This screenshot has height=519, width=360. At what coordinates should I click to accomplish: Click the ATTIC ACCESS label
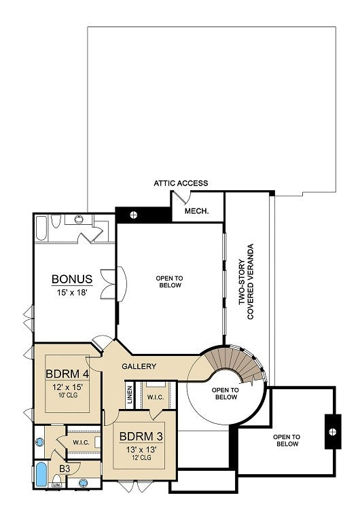point(181,183)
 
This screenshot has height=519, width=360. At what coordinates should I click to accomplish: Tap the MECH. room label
point(196,211)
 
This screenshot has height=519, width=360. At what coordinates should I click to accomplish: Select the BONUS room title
point(72,279)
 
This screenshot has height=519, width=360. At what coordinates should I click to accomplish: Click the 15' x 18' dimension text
point(72,292)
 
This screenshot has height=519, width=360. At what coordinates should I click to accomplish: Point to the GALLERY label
point(139,366)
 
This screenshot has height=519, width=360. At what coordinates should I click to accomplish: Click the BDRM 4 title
point(67,374)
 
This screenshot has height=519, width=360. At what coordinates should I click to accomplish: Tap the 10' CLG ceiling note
point(68,395)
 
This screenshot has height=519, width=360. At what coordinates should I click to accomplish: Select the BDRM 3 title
point(141,436)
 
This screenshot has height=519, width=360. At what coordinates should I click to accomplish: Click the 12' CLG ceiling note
point(141,457)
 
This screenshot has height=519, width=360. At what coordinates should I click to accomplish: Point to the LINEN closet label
point(130,395)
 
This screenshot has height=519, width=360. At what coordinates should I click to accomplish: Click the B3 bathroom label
point(65,469)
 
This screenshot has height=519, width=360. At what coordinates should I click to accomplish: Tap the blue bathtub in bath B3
point(41,474)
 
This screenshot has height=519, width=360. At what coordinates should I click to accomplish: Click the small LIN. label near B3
point(56,485)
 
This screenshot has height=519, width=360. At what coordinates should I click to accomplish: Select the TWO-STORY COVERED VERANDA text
point(246,282)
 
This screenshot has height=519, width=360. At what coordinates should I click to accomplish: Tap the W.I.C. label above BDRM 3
point(156,397)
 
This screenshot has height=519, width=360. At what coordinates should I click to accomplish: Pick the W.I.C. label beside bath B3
point(81,442)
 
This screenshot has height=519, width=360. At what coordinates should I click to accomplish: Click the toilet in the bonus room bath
point(56,221)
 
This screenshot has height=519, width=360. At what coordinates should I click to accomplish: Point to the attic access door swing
point(181,197)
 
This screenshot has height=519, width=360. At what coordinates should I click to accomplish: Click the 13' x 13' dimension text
point(141,450)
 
